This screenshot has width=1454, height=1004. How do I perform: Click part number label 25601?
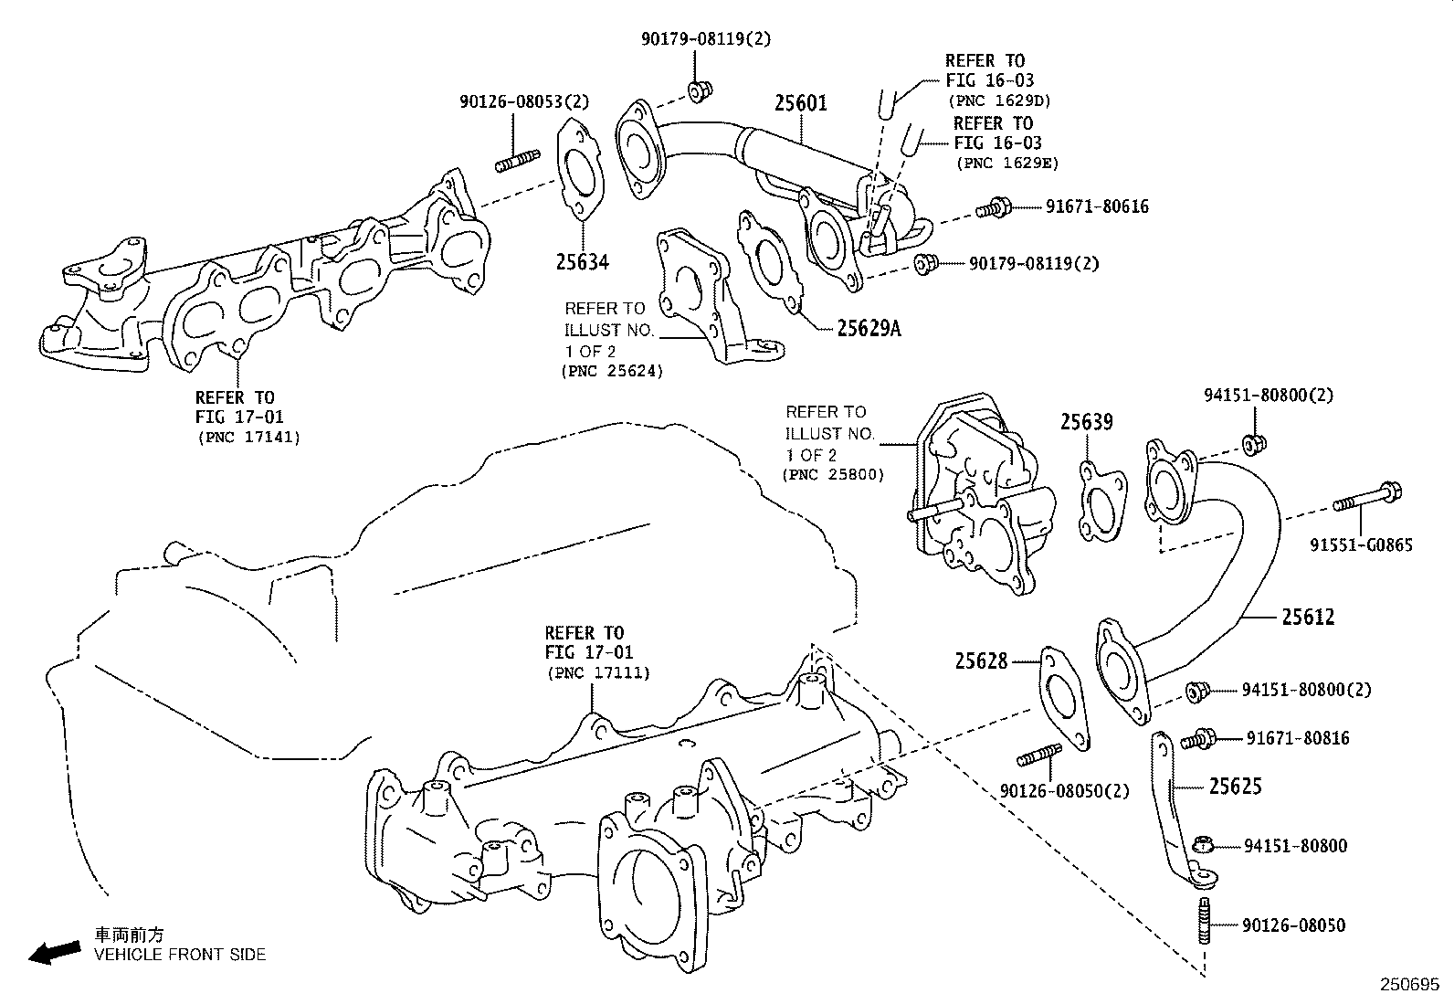(x=801, y=104)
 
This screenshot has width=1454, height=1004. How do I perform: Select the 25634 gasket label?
(x=582, y=263)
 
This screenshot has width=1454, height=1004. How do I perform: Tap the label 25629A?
(x=869, y=329)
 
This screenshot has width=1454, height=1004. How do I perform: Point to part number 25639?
(x=1087, y=422)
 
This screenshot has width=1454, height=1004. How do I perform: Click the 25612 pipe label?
(x=1308, y=618)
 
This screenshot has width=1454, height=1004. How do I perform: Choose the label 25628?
(x=981, y=661)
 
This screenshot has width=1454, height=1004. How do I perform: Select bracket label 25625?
(x=1236, y=787)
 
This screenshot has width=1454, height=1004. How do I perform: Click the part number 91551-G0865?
(x=1373, y=546)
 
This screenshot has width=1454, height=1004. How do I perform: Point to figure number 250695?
(x=1408, y=986)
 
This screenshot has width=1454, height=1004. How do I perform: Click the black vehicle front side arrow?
(x=54, y=953)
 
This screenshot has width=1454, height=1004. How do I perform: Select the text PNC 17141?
(x=248, y=438)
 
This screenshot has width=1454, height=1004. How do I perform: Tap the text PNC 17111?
(x=598, y=673)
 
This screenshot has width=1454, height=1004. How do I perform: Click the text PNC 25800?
(x=833, y=476)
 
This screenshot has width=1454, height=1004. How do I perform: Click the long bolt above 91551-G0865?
(x=1366, y=499)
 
